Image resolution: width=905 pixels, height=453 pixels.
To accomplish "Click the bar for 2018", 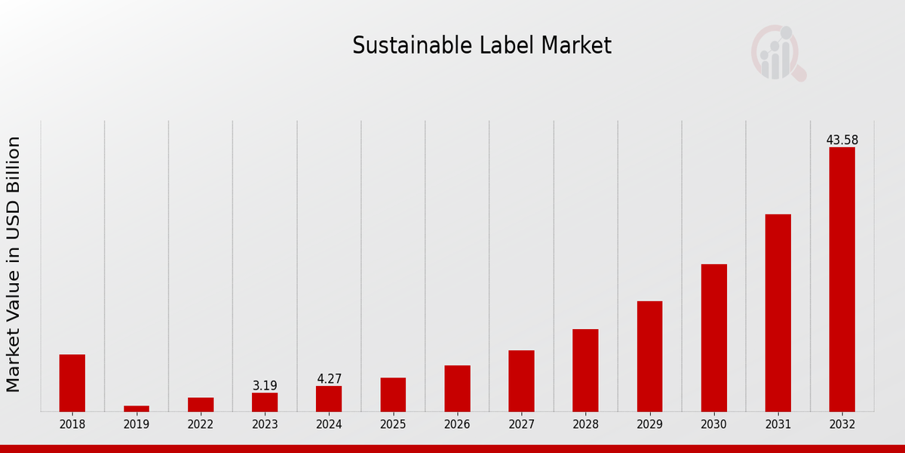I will (x=72, y=383).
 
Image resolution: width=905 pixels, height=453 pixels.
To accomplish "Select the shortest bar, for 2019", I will (x=137, y=408).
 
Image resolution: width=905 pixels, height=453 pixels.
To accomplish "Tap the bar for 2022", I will (x=201, y=405).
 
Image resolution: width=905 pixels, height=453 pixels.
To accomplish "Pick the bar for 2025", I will (x=393, y=394).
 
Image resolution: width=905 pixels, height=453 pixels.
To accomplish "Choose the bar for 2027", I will (x=521, y=381).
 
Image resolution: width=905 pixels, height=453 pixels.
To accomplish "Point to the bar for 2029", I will (x=649, y=356).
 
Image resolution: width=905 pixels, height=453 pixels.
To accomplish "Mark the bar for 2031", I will (x=778, y=313).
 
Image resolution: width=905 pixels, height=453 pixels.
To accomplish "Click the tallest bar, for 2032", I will (x=842, y=279).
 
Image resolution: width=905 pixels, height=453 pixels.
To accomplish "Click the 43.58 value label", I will (x=842, y=140).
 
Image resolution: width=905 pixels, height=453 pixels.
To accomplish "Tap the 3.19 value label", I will (x=265, y=386).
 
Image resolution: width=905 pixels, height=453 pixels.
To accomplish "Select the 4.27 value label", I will (x=329, y=379).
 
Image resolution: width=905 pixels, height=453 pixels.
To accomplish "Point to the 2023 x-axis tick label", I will (x=265, y=424).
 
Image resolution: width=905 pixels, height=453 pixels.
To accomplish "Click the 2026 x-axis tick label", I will (x=457, y=424).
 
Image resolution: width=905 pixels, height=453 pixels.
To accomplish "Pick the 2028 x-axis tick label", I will (x=585, y=424).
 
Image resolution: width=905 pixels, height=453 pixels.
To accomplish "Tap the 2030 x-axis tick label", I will (x=713, y=424).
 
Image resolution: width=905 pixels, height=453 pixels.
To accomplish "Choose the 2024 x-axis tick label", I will (x=329, y=424).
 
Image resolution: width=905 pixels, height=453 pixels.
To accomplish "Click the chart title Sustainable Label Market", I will (x=482, y=46).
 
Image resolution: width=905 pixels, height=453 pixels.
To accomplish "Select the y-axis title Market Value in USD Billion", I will (x=14, y=264).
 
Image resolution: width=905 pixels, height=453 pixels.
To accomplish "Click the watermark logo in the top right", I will (x=778, y=53).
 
